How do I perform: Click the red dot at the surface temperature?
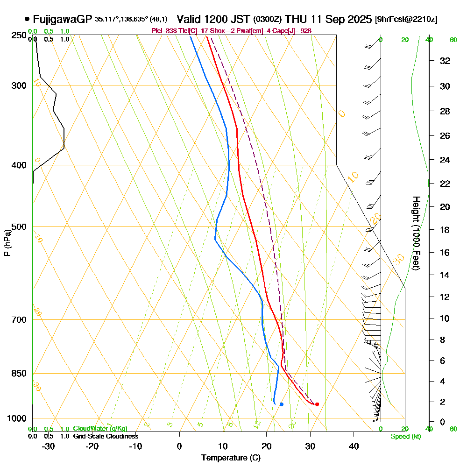click(x=317, y=404)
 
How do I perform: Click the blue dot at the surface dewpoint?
click(x=281, y=404)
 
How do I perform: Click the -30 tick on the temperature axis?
click(x=49, y=446)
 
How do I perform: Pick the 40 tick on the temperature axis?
click(x=354, y=446)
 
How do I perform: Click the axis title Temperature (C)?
click(x=231, y=458)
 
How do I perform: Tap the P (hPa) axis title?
click(x=7, y=242)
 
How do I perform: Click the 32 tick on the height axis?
click(x=445, y=61)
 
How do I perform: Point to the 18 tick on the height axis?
click(x=445, y=230)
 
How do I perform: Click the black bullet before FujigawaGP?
click(x=27, y=19)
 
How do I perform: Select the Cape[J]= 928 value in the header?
click(x=293, y=30)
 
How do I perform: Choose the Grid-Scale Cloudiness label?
click(x=105, y=436)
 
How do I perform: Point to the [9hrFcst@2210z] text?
click(x=406, y=19)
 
